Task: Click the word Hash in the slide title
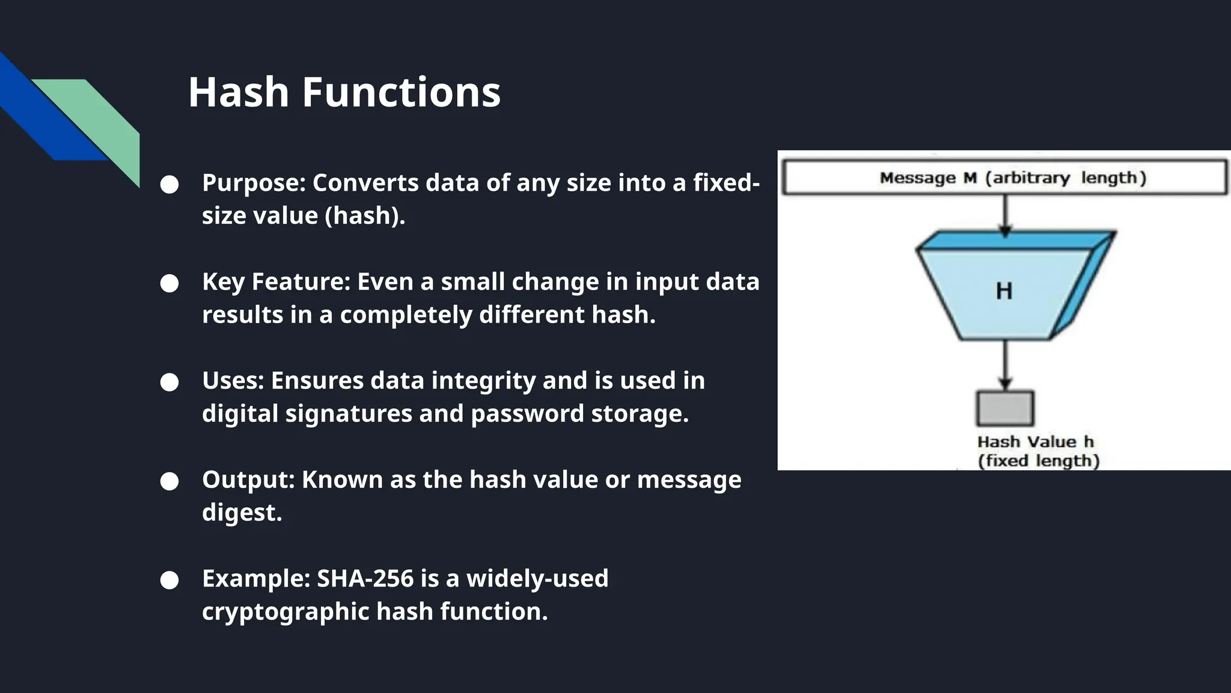coord(239,93)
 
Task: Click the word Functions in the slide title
coord(401,93)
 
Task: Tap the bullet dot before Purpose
coord(170,185)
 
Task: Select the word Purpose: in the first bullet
coord(254,183)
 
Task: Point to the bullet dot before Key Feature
coord(170,283)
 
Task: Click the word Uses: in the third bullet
coord(233,381)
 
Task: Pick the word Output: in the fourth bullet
coord(248,479)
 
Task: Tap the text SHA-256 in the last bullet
coord(365,578)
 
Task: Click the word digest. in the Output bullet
coord(242,513)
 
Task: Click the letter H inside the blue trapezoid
coord(1004,291)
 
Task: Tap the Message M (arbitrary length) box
coord(1004,177)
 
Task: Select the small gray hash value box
coord(1005,408)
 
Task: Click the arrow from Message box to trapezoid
coord(1005,214)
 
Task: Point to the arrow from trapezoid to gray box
coord(1005,365)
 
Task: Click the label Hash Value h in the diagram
coord(1035,442)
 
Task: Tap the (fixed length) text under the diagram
coord(1038,461)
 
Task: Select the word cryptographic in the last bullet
coord(286,612)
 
